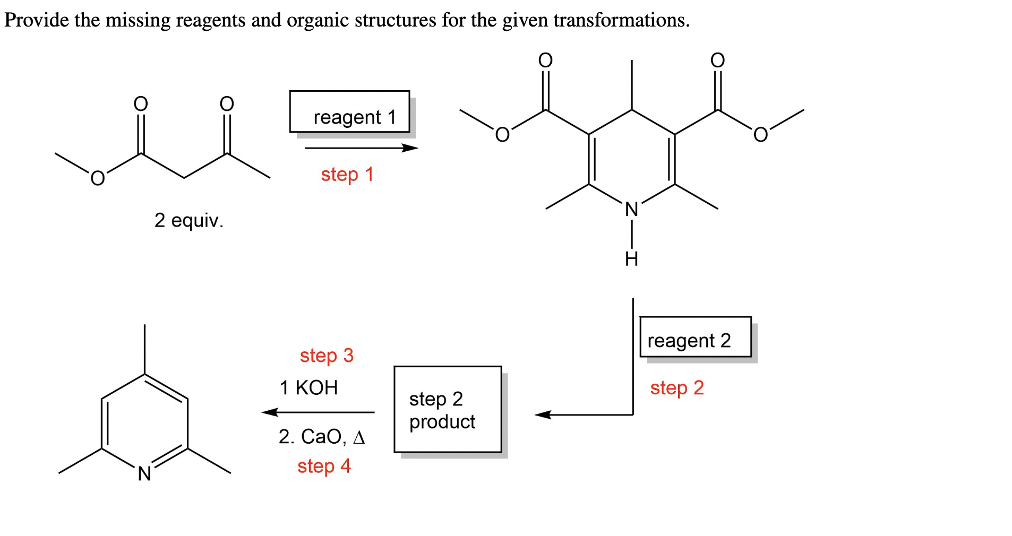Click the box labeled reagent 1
[x=349, y=112]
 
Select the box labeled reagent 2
[x=695, y=337]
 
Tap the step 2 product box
[x=447, y=409]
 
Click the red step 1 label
[x=347, y=175]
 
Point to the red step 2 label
[x=676, y=388]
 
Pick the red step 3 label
[x=326, y=356]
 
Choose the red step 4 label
[x=324, y=466]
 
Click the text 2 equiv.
[x=188, y=220]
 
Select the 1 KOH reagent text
[x=308, y=388]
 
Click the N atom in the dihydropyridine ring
[x=631, y=210]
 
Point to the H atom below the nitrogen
[x=631, y=259]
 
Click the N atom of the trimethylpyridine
[x=144, y=473]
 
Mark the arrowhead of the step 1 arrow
[x=410, y=148]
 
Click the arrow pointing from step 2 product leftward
[x=319, y=412]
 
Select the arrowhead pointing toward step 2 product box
[x=543, y=415]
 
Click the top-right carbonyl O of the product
[x=717, y=60]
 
